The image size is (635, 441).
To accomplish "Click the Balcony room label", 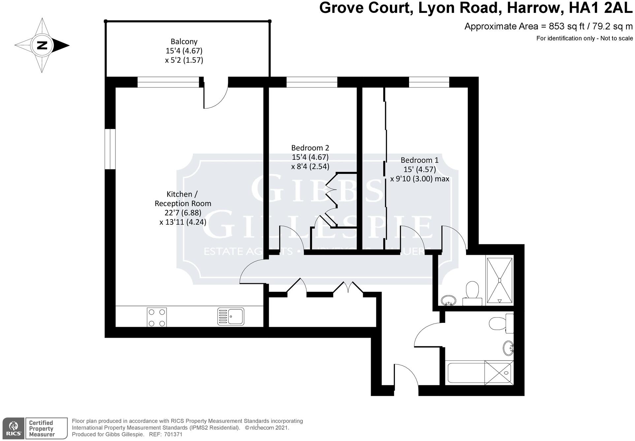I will [184, 42].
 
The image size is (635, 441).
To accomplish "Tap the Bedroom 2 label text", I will [310, 148].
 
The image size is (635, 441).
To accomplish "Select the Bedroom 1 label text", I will [420, 160].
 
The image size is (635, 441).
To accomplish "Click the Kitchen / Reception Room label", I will [183, 199].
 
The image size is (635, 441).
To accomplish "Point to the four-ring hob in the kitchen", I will [157, 317].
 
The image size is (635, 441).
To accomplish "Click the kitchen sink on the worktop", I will [231, 316].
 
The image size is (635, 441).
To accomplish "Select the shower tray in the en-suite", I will [500, 281].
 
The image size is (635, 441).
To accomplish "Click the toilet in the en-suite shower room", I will [472, 292].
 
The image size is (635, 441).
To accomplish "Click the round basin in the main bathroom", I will [508, 348].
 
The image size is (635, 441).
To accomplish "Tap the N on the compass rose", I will [42, 45].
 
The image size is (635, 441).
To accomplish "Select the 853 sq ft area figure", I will [567, 26].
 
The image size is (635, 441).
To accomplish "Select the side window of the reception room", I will [110, 149].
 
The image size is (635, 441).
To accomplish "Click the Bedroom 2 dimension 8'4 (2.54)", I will [310, 166].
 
